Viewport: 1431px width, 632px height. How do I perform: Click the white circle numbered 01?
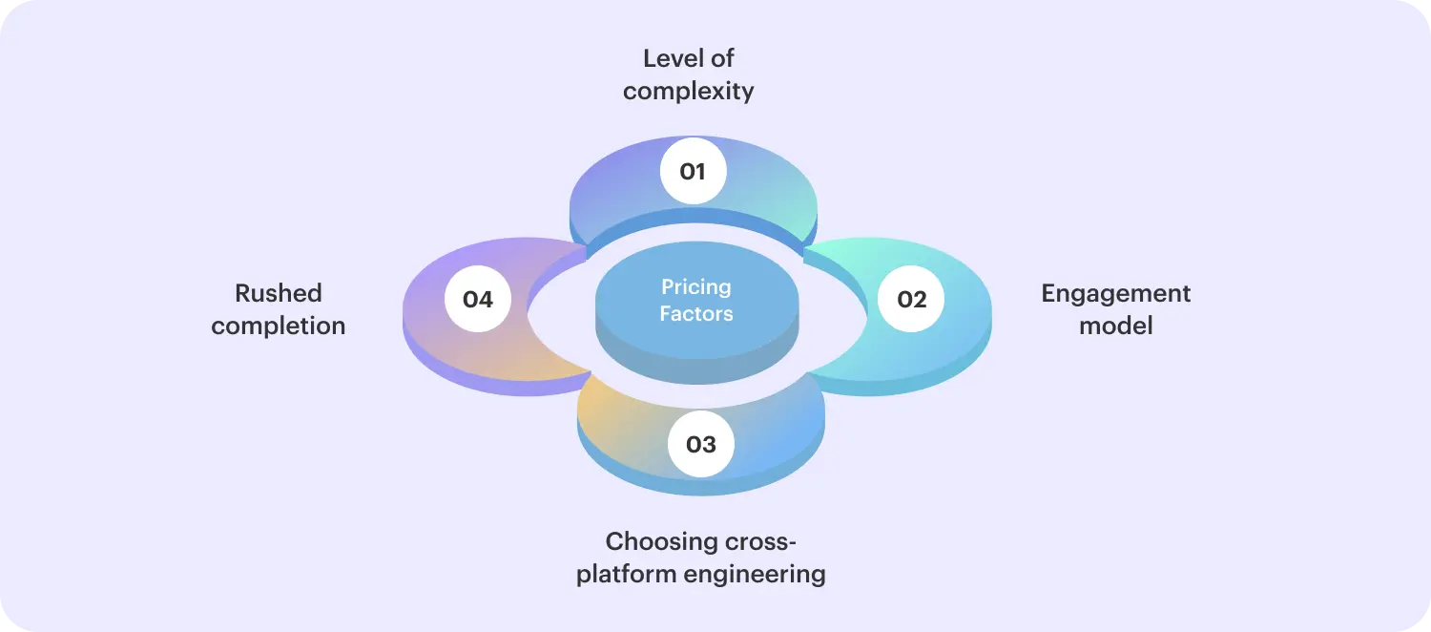point(693,172)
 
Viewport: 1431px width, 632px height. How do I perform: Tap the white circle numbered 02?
point(911,300)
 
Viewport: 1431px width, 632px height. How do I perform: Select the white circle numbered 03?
point(700,444)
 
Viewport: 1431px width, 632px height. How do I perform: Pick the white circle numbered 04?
point(477,300)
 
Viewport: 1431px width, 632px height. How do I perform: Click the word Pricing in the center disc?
point(696,287)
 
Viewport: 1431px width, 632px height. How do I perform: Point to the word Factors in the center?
point(696,313)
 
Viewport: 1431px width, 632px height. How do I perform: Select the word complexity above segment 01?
point(688,92)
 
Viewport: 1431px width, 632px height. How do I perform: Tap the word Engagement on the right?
point(1115,293)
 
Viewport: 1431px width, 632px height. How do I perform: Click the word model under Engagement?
point(1115,326)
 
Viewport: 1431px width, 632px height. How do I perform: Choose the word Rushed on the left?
point(279,293)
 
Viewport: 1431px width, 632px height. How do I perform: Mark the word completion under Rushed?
point(279,326)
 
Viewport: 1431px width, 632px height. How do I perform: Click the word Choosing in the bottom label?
point(657,542)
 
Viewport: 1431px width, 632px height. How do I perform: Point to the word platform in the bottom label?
point(625,575)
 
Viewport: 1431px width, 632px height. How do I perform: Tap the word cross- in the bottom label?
point(757,542)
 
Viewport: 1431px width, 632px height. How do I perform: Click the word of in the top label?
point(722,58)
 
